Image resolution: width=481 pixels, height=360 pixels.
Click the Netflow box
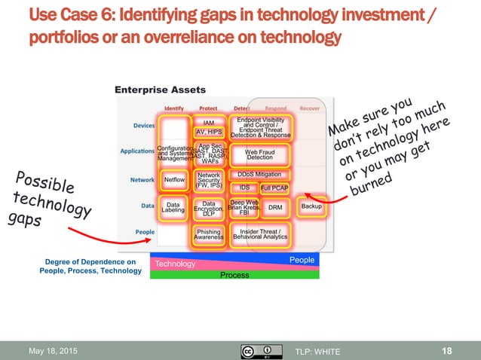[x=173, y=181]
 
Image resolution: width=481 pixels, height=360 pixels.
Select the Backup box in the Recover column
[x=311, y=206]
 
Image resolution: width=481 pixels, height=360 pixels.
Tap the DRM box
[x=275, y=207]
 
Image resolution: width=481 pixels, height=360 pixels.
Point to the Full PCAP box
[x=274, y=188]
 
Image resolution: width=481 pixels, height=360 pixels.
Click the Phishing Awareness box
[x=209, y=234]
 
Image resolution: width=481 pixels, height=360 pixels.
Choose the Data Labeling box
[x=173, y=207]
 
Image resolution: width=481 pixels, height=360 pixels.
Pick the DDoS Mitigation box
[x=259, y=174]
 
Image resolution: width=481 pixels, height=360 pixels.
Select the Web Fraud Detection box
[x=259, y=154]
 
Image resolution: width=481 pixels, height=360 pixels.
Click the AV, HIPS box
[x=209, y=132]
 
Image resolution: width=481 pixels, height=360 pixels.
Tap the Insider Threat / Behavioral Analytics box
[x=259, y=234]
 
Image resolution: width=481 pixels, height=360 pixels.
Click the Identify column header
[x=173, y=108]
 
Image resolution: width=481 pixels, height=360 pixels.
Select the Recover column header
[x=309, y=108]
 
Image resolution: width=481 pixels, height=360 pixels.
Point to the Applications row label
[x=137, y=151]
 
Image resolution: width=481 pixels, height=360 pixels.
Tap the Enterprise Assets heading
[x=160, y=90]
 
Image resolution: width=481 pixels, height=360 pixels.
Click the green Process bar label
[x=234, y=276]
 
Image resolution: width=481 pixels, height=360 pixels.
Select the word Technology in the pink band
[x=174, y=264]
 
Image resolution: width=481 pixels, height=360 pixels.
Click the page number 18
[x=448, y=351]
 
